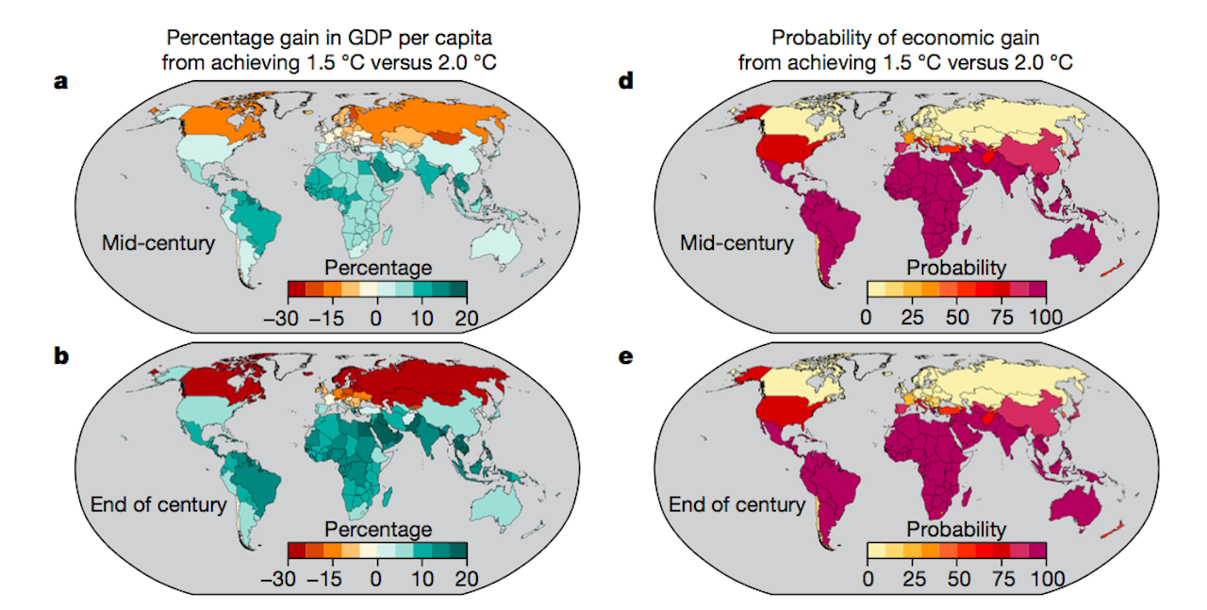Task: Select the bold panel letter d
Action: tap(625, 81)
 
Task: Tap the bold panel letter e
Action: tap(625, 358)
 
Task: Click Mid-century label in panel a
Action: tap(158, 243)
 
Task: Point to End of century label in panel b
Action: tap(158, 504)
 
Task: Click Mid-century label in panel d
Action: tap(736, 243)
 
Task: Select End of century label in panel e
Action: tap(736, 504)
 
